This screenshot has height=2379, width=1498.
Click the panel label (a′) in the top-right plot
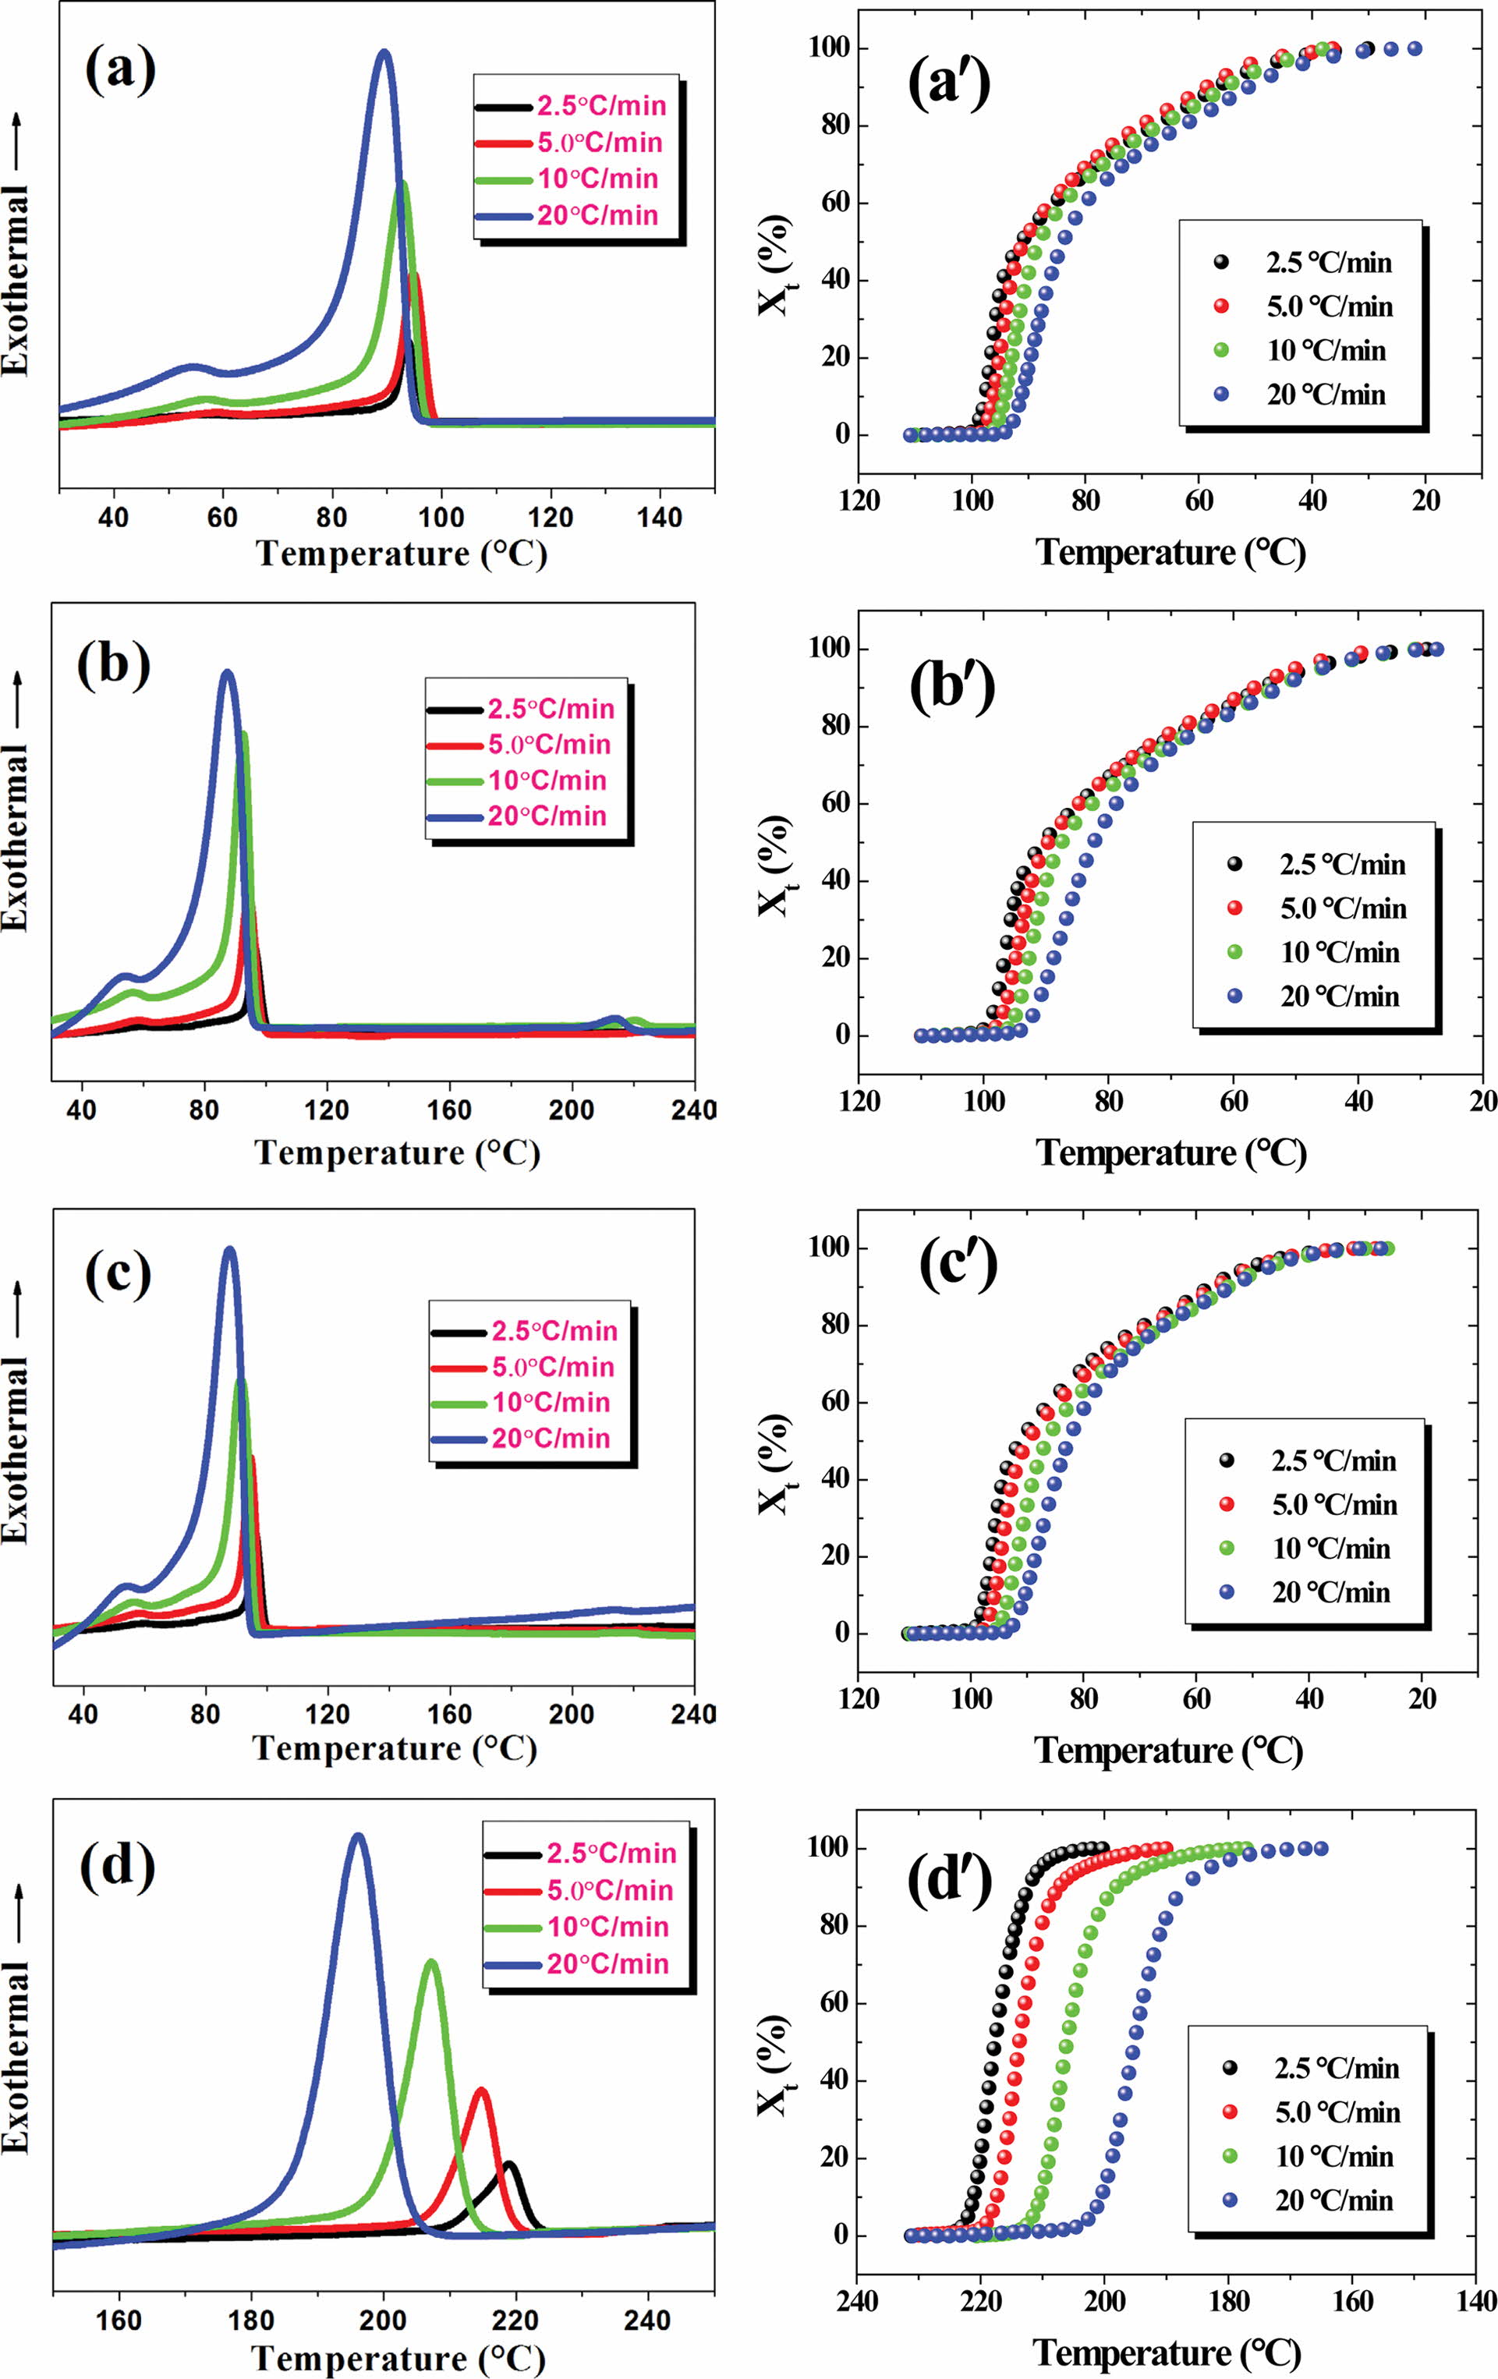[x=948, y=87]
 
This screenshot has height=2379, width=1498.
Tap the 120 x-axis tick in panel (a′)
[x=859, y=501]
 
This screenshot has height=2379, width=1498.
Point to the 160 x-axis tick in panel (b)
[x=450, y=1109]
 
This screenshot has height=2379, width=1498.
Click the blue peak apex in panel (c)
[x=230, y=1250]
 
